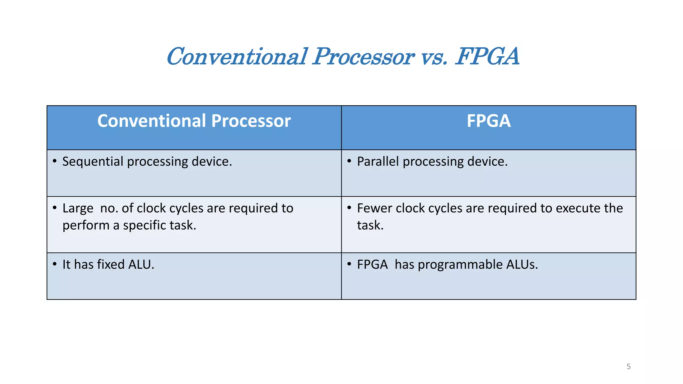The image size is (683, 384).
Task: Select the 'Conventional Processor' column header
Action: tap(194, 121)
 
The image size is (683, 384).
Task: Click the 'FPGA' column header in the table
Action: tap(489, 121)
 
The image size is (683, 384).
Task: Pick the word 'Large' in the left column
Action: tap(78, 209)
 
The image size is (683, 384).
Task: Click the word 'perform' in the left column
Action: tap(86, 226)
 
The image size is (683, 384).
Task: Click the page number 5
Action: tap(628, 367)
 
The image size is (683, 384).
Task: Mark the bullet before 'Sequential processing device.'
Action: tap(55, 161)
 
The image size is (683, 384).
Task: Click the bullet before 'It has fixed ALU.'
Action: tap(55, 264)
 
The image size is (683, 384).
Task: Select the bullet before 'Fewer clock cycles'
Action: tap(349, 208)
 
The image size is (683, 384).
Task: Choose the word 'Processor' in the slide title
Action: tap(364, 57)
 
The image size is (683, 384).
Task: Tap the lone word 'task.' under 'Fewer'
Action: tap(370, 226)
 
